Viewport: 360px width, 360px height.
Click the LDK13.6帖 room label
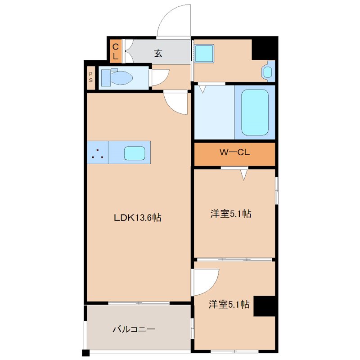(x=137, y=218)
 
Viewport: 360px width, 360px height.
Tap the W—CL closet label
(x=234, y=153)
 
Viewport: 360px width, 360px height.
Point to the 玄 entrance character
(x=158, y=53)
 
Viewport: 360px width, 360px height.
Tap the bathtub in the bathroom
(x=255, y=112)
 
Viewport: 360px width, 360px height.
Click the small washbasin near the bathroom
(x=268, y=72)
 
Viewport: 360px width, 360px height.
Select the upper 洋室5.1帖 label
(x=230, y=214)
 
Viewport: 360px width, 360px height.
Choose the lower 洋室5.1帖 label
(x=229, y=305)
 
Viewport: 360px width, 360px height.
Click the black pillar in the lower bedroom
(x=264, y=306)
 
